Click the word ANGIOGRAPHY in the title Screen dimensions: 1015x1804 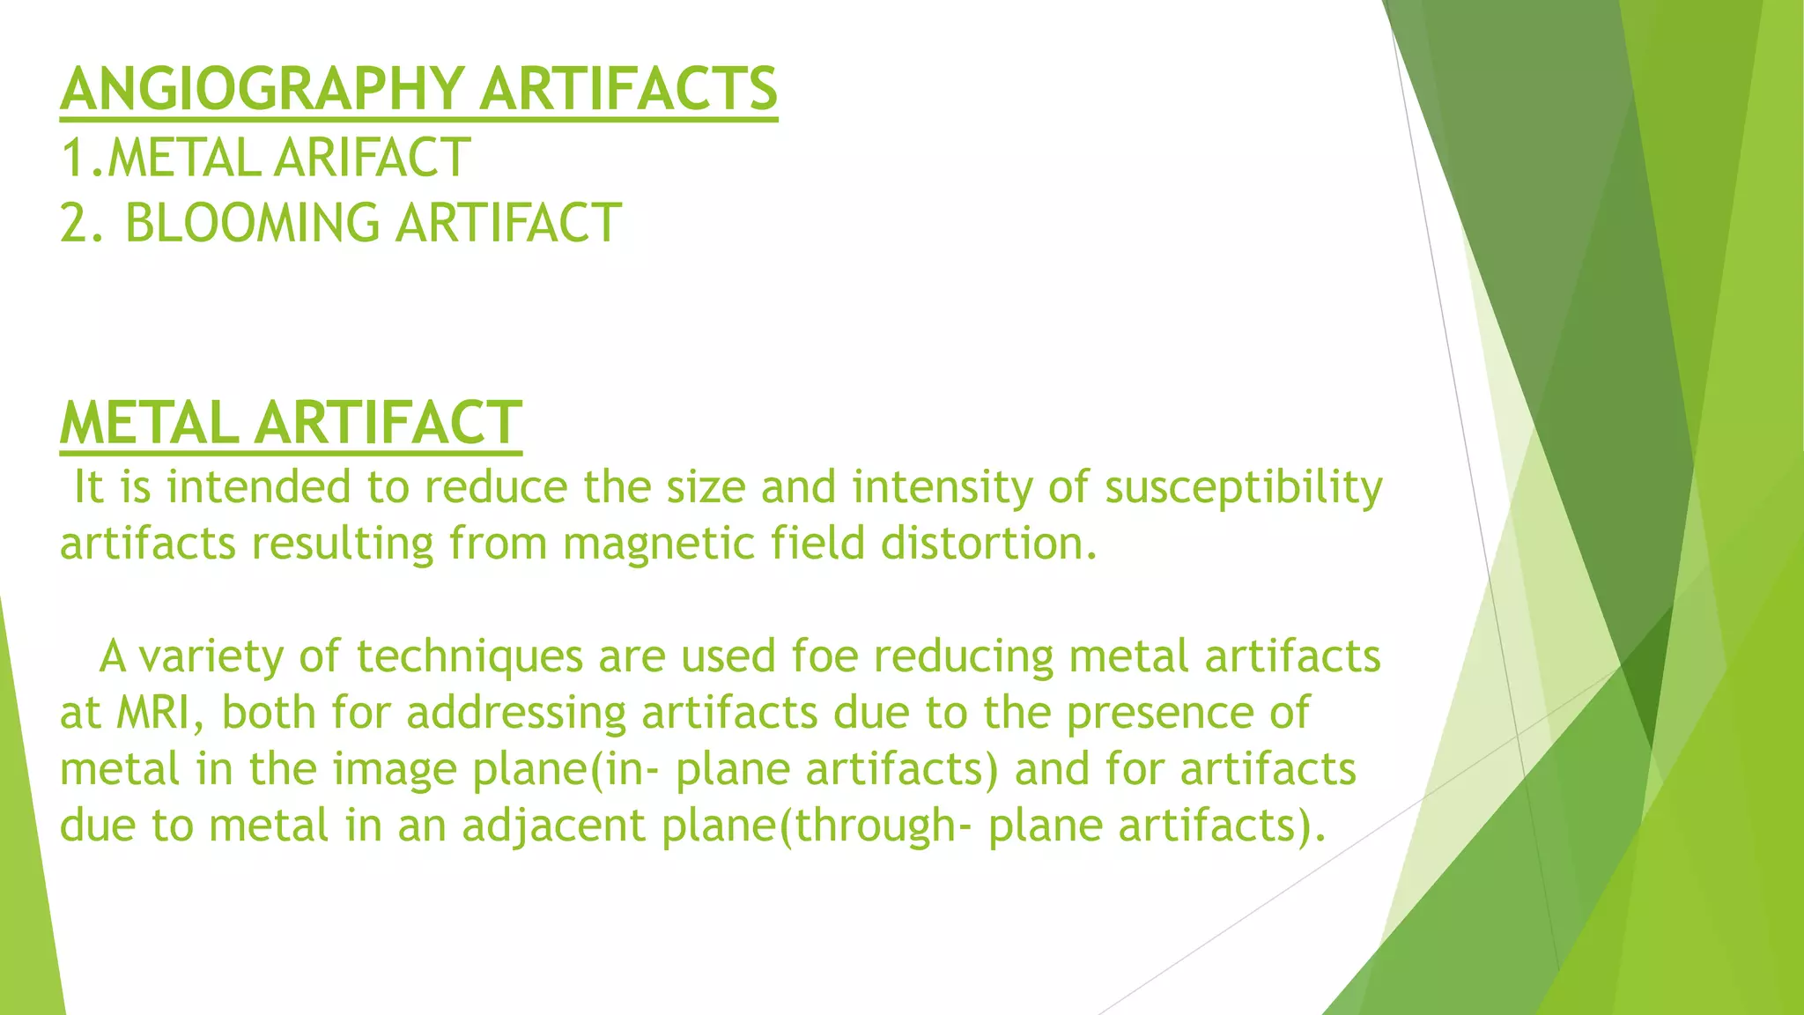click(x=262, y=89)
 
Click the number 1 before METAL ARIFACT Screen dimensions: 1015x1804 click(x=73, y=158)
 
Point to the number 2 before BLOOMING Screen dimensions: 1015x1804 click(x=75, y=222)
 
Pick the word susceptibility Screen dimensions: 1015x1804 click(x=1243, y=487)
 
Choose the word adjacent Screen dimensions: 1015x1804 click(x=553, y=826)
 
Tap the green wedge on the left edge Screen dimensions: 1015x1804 click(x=26, y=837)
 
